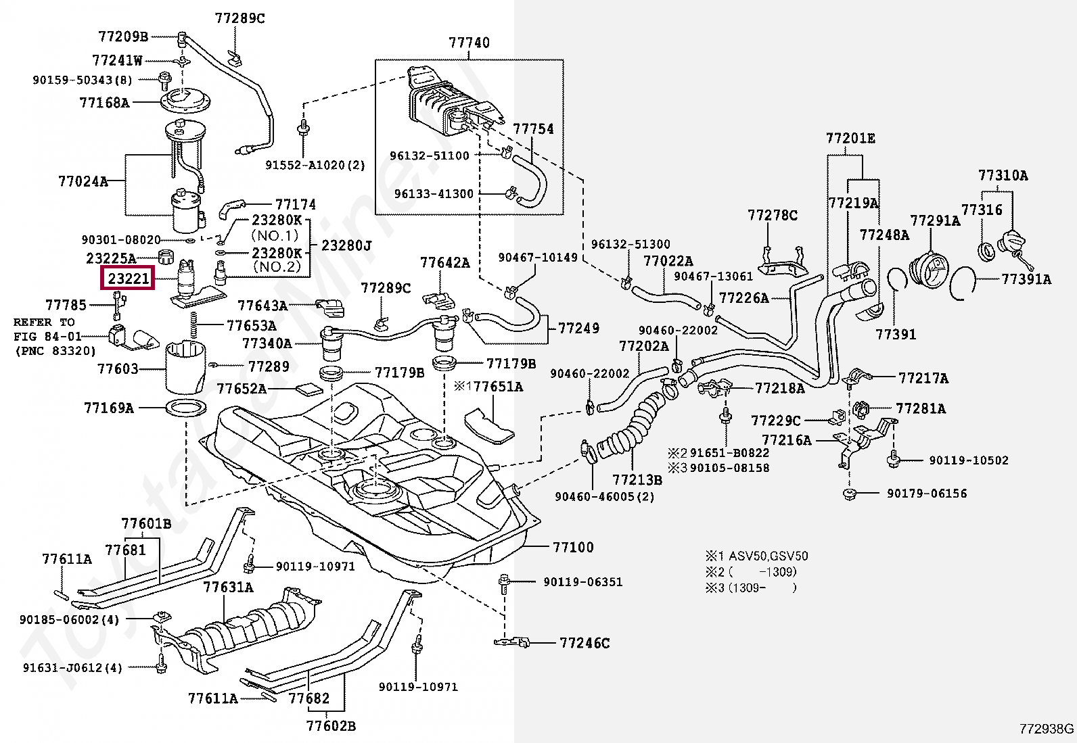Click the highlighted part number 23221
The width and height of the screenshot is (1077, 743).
pyautogui.click(x=127, y=278)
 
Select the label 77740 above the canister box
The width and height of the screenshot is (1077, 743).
pyautogui.click(x=469, y=43)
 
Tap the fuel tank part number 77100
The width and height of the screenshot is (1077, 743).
pyautogui.click(x=572, y=547)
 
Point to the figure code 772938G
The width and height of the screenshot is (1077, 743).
pyautogui.click(x=1047, y=729)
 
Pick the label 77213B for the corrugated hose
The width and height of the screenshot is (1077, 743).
pyautogui.click(x=637, y=480)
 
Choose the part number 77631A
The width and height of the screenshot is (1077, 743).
pyautogui.click(x=228, y=588)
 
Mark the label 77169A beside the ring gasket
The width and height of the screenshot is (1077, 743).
pyautogui.click(x=109, y=408)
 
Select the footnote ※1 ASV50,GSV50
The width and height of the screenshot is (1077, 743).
pyautogui.click(x=757, y=556)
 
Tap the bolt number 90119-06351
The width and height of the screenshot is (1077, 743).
pyautogui.click(x=582, y=581)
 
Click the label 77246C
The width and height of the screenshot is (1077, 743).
pyautogui.click(x=585, y=643)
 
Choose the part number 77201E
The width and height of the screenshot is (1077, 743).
pyautogui.click(x=850, y=139)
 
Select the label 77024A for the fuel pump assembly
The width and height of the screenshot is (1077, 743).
pyautogui.click(x=83, y=181)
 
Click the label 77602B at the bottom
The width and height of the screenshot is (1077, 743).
pyautogui.click(x=331, y=726)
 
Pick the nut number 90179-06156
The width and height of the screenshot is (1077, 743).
pyautogui.click(x=927, y=494)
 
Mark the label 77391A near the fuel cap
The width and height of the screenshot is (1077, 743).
pyautogui.click(x=1026, y=279)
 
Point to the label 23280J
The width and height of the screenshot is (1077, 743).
pyautogui.click(x=346, y=245)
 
